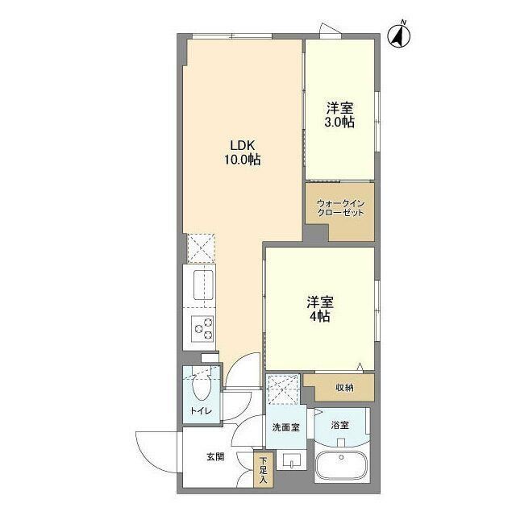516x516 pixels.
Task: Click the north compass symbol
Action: tap(398, 36)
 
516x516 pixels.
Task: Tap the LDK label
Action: tap(242, 145)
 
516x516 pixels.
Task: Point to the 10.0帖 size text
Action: tap(242, 160)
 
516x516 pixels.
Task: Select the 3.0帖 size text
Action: tap(339, 123)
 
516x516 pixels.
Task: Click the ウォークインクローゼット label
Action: tap(340, 207)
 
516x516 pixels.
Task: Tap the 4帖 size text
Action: tap(319, 317)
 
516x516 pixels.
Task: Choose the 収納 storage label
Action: tap(343, 388)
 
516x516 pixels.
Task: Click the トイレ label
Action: tap(201, 411)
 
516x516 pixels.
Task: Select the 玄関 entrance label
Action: tap(214, 457)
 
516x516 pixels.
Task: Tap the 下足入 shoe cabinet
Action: tap(263, 471)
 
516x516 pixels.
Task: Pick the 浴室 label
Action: tap(339, 424)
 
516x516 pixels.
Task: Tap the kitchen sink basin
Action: tap(201, 285)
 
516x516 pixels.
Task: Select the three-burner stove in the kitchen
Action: tap(202, 329)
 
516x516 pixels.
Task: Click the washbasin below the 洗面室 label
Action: tap(289, 462)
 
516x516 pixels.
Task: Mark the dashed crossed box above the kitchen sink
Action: tap(200, 248)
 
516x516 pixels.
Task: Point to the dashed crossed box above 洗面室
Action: tap(284, 390)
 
